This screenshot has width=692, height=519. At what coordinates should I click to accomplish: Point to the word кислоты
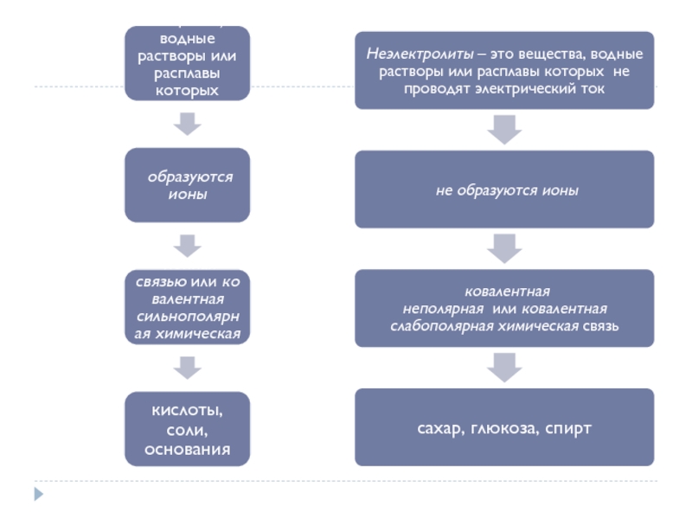(x=188, y=409)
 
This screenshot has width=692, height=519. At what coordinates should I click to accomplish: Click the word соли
(x=188, y=429)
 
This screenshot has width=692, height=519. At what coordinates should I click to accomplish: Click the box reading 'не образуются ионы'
(x=504, y=189)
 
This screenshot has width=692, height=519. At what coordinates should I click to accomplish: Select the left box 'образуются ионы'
(x=188, y=184)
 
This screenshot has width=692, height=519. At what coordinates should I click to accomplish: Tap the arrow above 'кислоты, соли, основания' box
(x=188, y=368)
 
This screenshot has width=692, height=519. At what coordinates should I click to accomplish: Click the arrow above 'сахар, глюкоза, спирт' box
(x=504, y=366)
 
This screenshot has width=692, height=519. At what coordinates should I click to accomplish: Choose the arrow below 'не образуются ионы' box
(x=504, y=248)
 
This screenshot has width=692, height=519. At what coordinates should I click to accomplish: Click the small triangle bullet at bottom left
(x=38, y=495)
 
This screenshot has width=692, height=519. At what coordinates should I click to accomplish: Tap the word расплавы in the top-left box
(x=188, y=73)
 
